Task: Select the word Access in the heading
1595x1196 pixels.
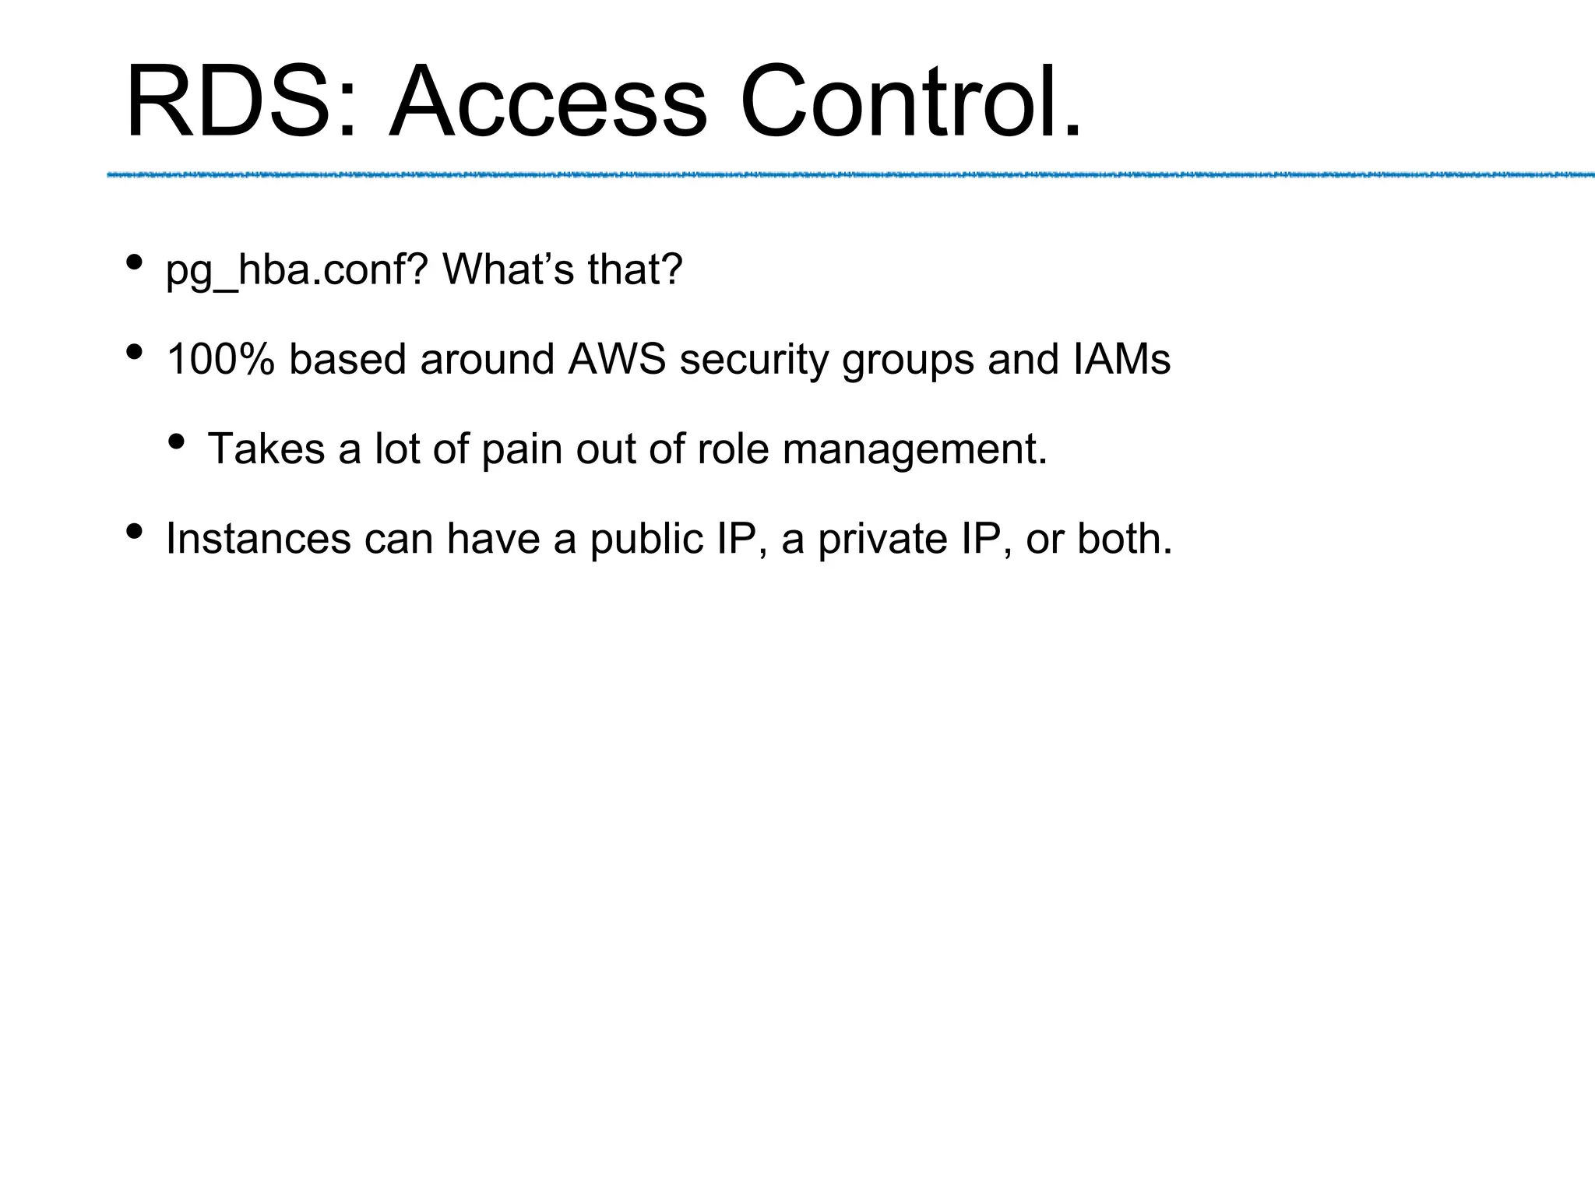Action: [548, 102]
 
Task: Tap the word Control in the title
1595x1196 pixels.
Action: [899, 102]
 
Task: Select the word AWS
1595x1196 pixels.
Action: [617, 360]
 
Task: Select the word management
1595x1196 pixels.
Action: [915, 451]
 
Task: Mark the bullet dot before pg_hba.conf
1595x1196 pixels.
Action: [134, 262]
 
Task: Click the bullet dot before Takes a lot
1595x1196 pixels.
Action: [176, 441]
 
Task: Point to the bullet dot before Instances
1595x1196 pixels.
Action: [134, 531]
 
